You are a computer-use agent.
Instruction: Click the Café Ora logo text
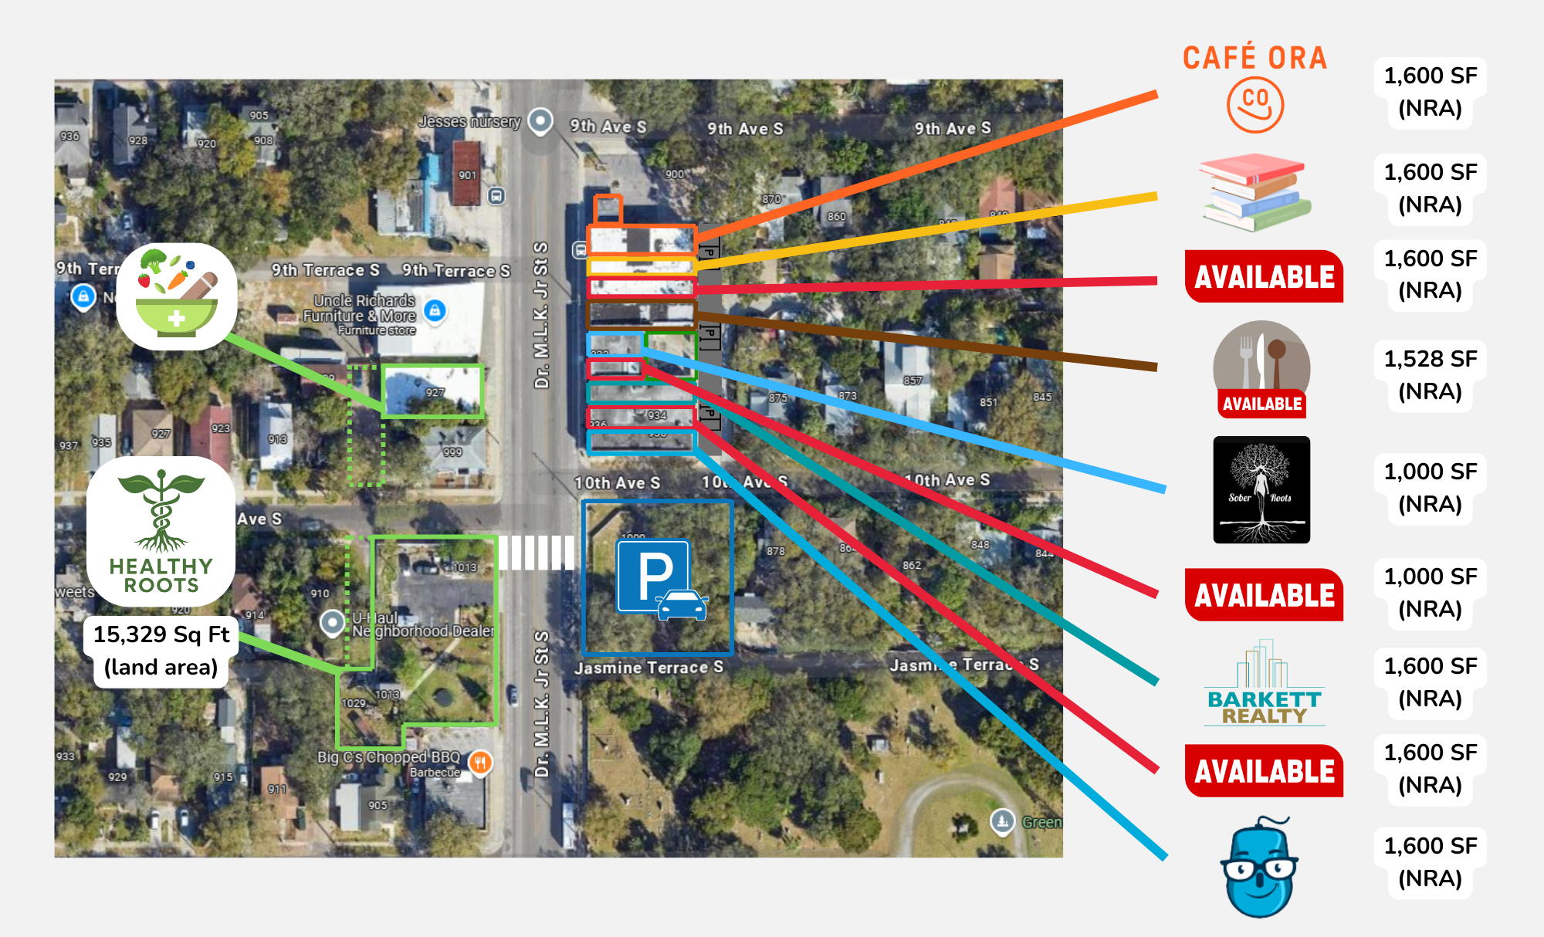(x=1254, y=59)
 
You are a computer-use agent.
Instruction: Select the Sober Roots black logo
(x=1261, y=490)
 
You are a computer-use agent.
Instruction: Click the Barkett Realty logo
(x=1264, y=684)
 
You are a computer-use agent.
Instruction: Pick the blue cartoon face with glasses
(x=1259, y=868)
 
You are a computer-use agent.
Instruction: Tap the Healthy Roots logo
(x=161, y=532)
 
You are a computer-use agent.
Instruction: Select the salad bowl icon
(x=177, y=296)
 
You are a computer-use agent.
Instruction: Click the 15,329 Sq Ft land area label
(x=161, y=650)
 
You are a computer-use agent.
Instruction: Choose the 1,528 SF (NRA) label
(x=1430, y=375)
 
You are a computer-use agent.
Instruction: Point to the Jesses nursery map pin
(x=540, y=121)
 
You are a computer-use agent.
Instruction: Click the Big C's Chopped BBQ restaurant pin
(x=480, y=763)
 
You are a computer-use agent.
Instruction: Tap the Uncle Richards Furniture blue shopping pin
(x=435, y=310)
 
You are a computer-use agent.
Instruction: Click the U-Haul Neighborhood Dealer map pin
(x=333, y=622)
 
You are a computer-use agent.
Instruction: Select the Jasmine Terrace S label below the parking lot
(x=648, y=668)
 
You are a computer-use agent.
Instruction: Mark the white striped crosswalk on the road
(x=536, y=553)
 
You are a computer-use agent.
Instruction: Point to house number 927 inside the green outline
(x=435, y=393)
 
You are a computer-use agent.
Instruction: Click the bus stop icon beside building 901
(x=496, y=196)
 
